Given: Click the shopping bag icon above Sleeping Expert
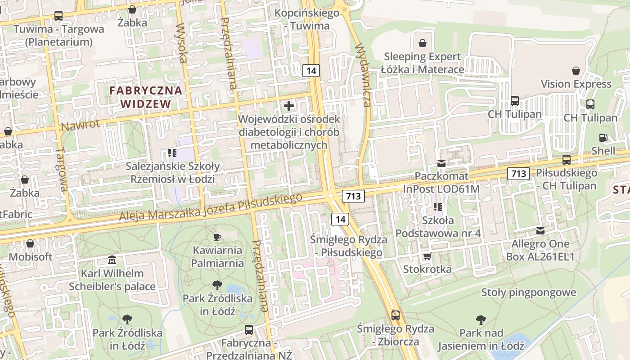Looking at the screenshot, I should click(x=423, y=43).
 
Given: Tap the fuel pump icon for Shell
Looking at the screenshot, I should click(x=603, y=138).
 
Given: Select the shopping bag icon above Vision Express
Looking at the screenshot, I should click(x=576, y=71).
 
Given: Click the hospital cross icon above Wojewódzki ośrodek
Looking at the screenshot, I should click(x=289, y=106).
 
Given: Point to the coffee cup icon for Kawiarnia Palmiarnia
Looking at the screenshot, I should click(x=217, y=237).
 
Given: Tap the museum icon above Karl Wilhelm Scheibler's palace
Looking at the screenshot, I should click(x=112, y=260).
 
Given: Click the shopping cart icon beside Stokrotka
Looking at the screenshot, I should click(x=427, y=256).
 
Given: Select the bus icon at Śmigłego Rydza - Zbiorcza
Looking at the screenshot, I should click(x=396, y=315).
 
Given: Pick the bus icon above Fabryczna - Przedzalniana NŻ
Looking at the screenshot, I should click(x=249, y=330).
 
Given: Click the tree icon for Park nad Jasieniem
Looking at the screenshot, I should click(x=481, y=320).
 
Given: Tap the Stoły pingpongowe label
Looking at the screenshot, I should click(x=529, y=292).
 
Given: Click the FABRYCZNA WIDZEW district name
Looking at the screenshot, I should click(x=146, y=97).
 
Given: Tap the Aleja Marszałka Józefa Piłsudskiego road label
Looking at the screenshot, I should click(x=210, y=207).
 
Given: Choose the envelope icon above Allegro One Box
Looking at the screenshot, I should click(x=540, y=231).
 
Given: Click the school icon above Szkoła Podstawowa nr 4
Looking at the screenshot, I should click(x=438, y=207).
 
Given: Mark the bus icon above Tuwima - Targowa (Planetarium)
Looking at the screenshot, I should click(x=58, y=16).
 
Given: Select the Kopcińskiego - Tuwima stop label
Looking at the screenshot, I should click(x=307, y=19).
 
